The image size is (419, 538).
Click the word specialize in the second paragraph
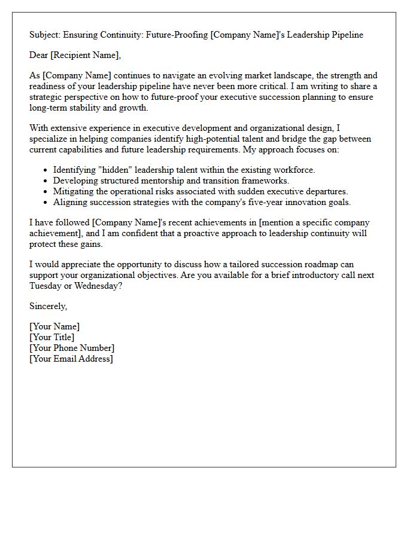(50, 139)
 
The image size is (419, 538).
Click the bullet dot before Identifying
(45, 170)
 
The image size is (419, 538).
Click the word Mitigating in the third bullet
(74, 191)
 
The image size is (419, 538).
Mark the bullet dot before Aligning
(45, 203)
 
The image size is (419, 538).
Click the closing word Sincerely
(48, 306)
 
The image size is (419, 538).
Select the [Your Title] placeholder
(52, 337)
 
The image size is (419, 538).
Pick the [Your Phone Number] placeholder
(72, 348)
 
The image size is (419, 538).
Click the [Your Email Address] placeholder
(71, 359)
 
